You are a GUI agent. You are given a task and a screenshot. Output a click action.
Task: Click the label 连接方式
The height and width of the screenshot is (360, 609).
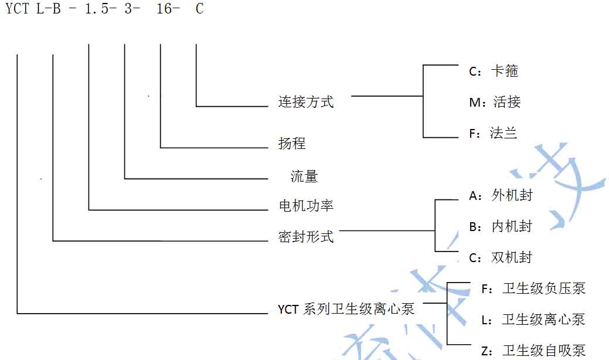[305, 102]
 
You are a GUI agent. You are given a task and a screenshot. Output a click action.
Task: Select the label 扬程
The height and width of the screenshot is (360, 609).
[292, 144]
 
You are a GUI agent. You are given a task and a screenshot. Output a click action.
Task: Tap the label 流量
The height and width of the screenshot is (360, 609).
[304, 176]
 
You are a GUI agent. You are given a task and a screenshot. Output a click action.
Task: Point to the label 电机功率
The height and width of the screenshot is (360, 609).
[305, 206]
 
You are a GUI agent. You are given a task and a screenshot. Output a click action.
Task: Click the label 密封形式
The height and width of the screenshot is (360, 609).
[305, 237]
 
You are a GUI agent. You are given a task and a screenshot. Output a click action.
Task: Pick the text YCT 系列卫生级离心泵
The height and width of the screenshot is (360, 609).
[346, 309]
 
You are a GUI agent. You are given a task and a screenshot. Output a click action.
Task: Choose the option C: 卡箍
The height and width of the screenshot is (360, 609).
[494, 72]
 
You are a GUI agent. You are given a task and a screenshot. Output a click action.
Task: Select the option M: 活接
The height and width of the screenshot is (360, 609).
[495, 102]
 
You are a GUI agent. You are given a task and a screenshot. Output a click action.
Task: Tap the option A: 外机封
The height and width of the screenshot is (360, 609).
[501, 195]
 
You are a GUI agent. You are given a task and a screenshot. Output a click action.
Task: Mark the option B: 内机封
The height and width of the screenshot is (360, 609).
[501, 226]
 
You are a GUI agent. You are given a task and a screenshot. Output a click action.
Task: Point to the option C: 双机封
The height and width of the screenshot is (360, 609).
[501, 257]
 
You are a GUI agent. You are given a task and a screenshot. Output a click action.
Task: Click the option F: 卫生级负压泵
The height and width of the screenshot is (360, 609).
[533, 288]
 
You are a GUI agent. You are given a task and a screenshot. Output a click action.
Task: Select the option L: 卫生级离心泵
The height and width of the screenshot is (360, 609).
[533, 320]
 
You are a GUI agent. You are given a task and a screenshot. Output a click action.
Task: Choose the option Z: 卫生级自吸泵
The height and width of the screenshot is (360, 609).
[533, 351]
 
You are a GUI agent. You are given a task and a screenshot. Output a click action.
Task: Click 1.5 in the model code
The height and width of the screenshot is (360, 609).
[96, 9]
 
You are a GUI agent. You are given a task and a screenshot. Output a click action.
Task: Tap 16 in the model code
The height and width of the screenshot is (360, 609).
[164, 9]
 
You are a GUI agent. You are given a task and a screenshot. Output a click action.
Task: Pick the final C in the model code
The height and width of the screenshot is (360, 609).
[199, 9]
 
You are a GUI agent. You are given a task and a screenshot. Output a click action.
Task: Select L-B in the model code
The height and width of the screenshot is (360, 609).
[49, 9]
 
